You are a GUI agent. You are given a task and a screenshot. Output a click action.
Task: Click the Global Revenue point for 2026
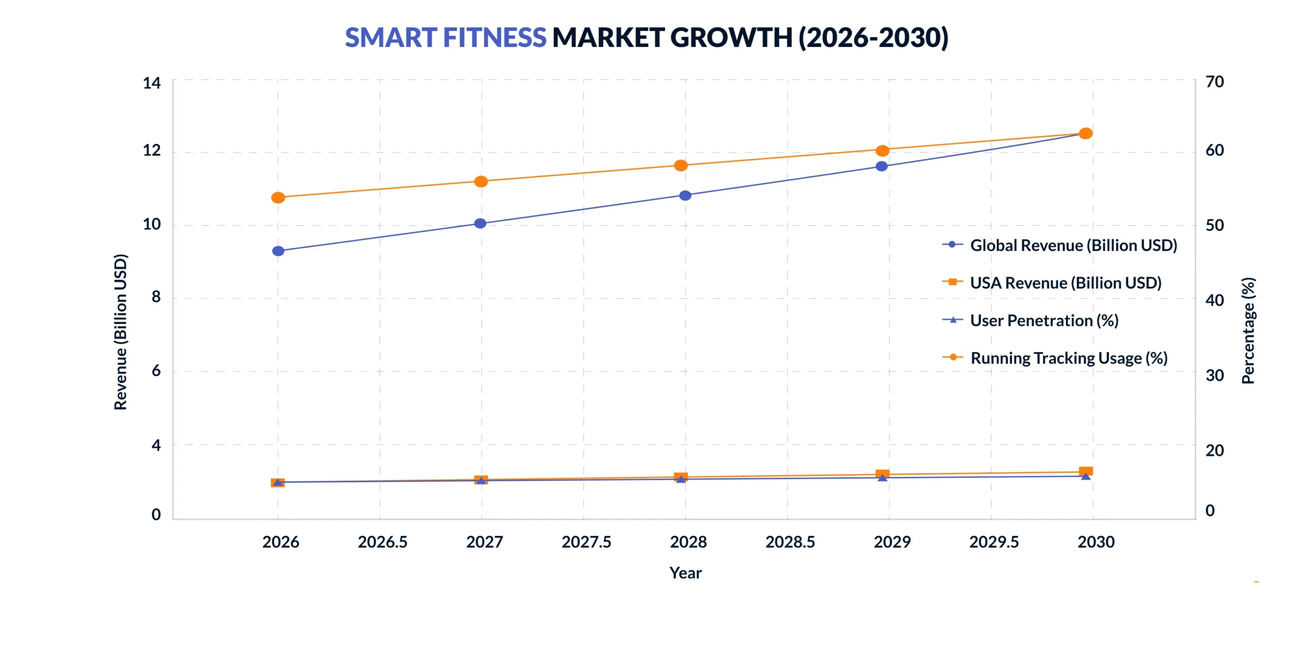[x=278, y=251]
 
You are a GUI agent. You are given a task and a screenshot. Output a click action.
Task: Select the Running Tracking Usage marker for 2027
[x=481, y=182]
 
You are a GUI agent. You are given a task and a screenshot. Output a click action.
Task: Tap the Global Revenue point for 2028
[x=685, y=196]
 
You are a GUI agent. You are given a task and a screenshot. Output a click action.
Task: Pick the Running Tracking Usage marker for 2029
[x=882, y=151]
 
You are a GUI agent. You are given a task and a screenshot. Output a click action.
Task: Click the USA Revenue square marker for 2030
[x=1085, y=471]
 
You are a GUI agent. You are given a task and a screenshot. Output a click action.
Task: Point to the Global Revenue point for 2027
[x=480, y=224]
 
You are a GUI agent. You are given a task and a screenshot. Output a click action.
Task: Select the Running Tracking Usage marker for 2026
[x=278, y=198]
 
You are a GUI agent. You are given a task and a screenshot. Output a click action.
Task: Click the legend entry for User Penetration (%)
[x=1043, y=321]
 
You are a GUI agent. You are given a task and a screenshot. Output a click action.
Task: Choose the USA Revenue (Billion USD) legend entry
[x=1065, y=283]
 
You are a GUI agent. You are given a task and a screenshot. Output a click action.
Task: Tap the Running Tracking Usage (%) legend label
[x=1068, y=358]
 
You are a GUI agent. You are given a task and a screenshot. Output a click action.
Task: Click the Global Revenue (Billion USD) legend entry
[x=1073, y=245]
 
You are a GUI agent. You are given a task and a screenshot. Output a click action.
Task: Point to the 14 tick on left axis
[x=152, y=83]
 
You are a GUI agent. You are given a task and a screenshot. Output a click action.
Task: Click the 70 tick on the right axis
[x=1214, y=82]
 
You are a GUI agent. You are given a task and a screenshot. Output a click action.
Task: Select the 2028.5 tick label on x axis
[x=790, y=542]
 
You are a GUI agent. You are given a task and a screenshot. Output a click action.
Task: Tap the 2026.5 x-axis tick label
[x=382, y=542]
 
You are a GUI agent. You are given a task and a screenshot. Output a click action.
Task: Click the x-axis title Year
[x=685, y=573]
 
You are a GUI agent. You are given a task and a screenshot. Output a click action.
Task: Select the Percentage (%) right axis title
[x=1247, y=330]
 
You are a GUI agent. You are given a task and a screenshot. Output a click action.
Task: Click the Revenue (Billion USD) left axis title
[x=120, y=332]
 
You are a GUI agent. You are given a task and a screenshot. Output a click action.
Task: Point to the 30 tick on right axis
[x=1214, y=375]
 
